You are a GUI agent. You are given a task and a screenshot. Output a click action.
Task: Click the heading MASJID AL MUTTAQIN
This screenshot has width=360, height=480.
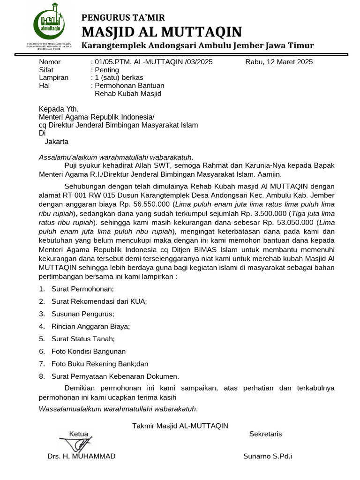pyautogui.click(x=162, y=32)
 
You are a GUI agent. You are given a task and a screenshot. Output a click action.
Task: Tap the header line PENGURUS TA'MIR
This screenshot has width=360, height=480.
pyautogui.click(x=123, y=18)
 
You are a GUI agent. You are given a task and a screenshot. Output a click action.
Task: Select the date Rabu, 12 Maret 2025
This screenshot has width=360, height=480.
pyautogui.click(x=279, y=62)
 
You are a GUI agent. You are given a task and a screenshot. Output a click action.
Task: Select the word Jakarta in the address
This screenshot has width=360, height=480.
pyautogui.click(x=56, y=141)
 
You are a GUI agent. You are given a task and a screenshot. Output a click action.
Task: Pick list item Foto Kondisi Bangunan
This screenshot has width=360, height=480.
pyautogui.click(x=88, y=351)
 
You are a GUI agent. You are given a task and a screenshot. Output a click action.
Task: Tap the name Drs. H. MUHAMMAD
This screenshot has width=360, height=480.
pyautogui.click(x=81, y=456)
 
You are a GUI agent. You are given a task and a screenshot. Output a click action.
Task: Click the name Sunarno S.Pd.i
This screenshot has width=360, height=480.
pyautogui.click(x=268, y=456)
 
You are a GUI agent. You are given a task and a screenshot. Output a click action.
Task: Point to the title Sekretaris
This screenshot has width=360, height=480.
pyautogui.click(x=266, y=434)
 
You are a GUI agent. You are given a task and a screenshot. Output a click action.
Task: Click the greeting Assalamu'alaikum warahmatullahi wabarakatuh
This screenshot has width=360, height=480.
pyautogui.click(x=116, y=157)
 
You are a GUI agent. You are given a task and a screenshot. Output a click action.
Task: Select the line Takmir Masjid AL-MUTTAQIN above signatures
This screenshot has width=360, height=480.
pyautogui.click(x=180, y=426)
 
